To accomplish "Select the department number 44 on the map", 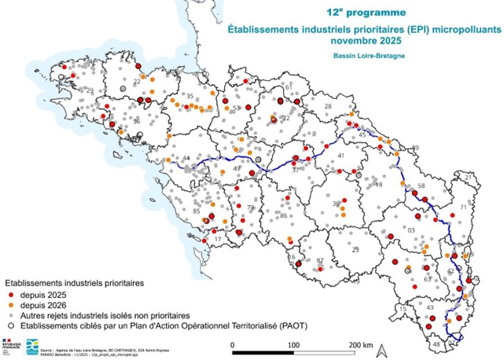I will coord(186,160).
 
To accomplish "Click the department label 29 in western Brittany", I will coord(89,92).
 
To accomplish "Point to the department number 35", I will coord(189,97).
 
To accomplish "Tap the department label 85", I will coord(197,211).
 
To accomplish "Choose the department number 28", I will coord(329,106).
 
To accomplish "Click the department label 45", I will coord(362,135).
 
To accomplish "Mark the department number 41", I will coord(340,156).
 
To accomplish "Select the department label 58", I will coord(421,186).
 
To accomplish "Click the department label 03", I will coord(410,230).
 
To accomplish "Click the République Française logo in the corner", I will coord(13,343).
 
